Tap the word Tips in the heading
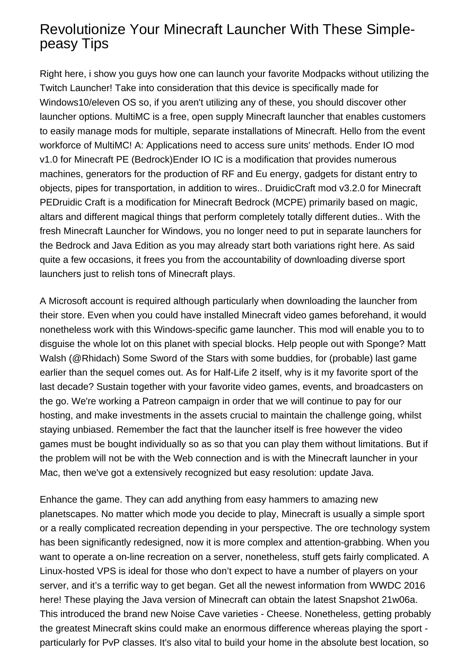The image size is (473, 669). [x=95, y=43]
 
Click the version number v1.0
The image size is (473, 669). [x=49, y=159]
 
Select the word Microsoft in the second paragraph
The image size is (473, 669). [x=68, y=301]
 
